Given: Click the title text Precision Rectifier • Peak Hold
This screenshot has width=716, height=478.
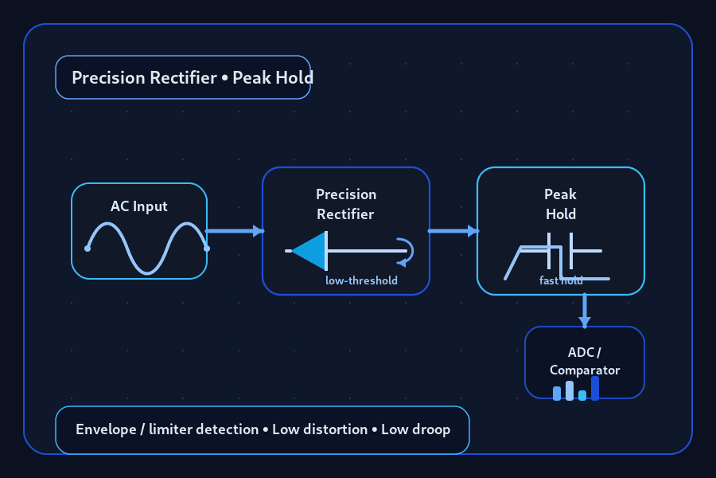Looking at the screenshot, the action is pos(193,78).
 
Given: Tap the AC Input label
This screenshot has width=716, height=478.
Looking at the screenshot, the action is pos(138,206).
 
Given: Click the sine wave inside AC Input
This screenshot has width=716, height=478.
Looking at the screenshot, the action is pos(147,249).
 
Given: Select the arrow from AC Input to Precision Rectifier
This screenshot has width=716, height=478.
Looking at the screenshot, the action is pos(235,230).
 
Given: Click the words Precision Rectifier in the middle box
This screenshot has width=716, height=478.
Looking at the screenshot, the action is pos(346,204).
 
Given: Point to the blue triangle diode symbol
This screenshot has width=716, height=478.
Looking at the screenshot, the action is pos(309,251).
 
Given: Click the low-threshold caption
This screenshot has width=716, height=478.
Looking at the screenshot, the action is pos(361,280).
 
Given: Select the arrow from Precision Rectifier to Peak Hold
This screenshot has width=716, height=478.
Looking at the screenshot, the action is pos(453,230).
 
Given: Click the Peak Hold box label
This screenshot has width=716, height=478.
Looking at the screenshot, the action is pos(560,204).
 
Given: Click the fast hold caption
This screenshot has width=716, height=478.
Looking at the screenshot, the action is pos(561,280).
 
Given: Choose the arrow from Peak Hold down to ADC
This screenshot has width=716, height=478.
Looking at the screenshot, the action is pos(585,311).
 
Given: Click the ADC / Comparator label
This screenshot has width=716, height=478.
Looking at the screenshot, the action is pos(585,361).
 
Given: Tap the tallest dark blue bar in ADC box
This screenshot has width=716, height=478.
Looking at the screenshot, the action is pos(595,388).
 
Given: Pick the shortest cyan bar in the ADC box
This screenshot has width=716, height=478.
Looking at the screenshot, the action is pos(582,396).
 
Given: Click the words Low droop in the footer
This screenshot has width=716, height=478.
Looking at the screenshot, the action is pos(416,429).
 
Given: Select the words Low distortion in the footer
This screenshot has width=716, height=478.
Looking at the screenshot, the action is pos(320,429).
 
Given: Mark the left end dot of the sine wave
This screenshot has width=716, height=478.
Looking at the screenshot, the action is pos(88,249).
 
